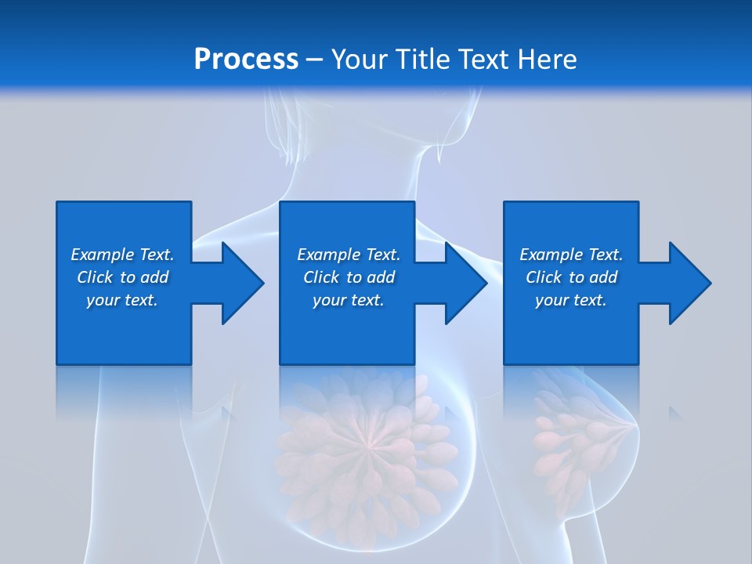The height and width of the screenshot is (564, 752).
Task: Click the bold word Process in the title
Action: point(246,59)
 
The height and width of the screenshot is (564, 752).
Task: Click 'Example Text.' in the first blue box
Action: point(122,255)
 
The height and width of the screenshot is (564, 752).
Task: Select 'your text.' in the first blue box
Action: point(122,300)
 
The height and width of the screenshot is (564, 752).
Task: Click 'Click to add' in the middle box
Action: point(349,277)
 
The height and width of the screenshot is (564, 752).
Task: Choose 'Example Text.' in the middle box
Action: point(349,255)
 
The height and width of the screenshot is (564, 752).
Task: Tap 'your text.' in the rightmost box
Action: point(571,300)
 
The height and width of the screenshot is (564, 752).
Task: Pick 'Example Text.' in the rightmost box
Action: point(571,255)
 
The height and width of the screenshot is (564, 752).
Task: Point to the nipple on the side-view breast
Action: point(633,426)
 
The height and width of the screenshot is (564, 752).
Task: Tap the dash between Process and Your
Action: point(314,60)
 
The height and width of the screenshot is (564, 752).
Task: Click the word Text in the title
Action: point(483,59)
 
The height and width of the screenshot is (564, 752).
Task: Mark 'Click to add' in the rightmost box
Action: point(571,277)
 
